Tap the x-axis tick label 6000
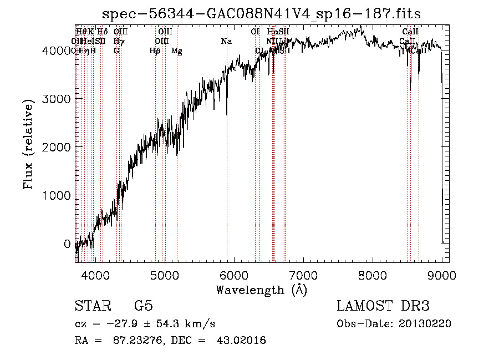(234, 276)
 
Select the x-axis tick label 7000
(303, 276)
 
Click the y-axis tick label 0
(67, 244)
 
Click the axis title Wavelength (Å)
(262, 290)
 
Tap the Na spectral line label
(226, 42)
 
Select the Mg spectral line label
(177, 51)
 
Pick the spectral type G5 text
(143, 306)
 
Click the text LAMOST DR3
(383, 306)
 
